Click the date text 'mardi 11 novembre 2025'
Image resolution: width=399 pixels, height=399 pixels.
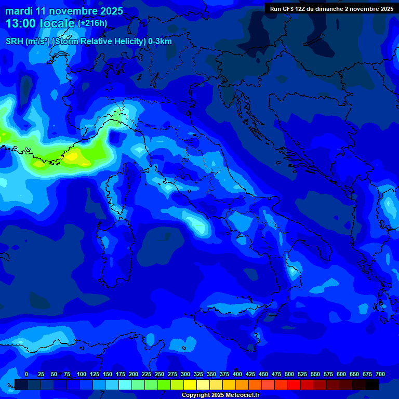[64, 11]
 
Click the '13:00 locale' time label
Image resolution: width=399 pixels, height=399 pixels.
[40, 23]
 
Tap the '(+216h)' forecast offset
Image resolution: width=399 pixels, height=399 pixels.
[92, 23]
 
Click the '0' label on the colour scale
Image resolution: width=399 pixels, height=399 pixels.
[26, 374]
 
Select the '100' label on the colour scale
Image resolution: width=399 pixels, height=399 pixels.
[82, 374]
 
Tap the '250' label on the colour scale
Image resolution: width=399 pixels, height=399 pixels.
[159, 374]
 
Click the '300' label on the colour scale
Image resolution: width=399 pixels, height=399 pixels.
[185, 374]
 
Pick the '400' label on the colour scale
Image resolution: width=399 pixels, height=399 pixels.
[237, 374]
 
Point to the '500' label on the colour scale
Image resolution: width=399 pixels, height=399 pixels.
[289, 374]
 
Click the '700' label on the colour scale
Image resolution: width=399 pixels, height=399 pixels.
[380, 374]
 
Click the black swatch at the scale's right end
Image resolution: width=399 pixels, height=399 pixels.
[371, 384]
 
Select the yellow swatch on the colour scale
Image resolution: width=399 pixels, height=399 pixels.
[190, 384]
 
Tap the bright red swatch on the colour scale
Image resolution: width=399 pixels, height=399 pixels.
[294, 384]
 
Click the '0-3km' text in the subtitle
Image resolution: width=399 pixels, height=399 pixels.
[159, 42]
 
